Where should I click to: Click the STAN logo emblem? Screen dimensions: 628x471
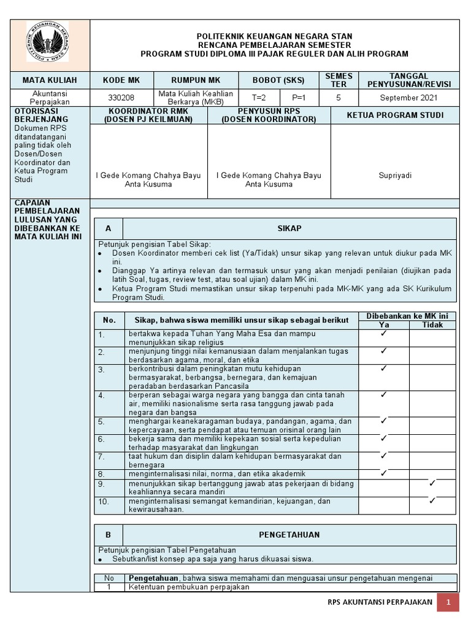47,42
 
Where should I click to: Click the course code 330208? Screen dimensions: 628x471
121,98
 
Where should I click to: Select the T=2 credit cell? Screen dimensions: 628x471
259,98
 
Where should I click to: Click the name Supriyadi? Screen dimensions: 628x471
395,175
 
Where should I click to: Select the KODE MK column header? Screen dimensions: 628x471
121,80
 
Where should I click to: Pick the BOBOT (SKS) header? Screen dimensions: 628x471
279,80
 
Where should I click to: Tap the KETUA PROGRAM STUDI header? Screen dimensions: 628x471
395,115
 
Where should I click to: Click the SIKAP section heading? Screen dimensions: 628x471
289,228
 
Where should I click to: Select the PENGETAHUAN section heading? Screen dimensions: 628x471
289,535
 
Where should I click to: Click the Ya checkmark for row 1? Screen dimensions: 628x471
383,334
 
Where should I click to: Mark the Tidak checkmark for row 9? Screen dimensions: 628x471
432,483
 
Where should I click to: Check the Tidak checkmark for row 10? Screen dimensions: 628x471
432,500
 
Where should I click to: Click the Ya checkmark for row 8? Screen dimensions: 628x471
383,473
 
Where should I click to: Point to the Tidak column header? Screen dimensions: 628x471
432,324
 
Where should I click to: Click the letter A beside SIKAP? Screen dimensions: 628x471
109,228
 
